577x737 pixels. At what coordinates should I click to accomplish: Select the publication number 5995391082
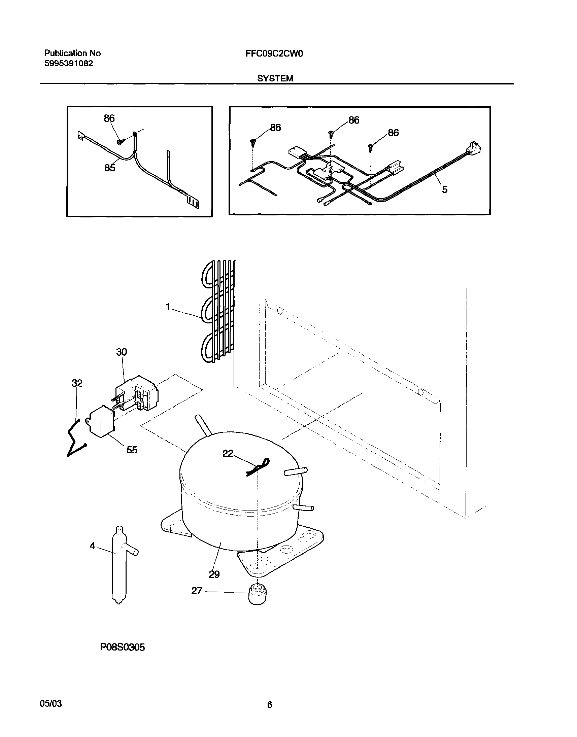[69, 64]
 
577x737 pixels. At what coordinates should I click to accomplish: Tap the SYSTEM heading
[275, 78]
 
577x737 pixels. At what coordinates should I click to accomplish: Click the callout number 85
[110, 168]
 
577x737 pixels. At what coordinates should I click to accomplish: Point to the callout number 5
[445, 189]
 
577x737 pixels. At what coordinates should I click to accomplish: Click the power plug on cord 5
[474, 148]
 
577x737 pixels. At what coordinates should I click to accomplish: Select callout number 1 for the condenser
[168, 307]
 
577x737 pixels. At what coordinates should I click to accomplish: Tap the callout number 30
[122, 352]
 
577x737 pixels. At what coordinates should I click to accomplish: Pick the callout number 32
[77, 383]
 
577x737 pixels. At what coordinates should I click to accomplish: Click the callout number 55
[132, 450]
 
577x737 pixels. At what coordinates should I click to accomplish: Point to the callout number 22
[228, 454]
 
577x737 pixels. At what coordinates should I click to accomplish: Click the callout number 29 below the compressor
[214, 574]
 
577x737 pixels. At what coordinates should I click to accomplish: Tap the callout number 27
[197, 591]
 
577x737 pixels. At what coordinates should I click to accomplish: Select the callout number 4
[92, 546]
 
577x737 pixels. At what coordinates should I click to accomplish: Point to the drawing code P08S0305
[122, 647]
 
